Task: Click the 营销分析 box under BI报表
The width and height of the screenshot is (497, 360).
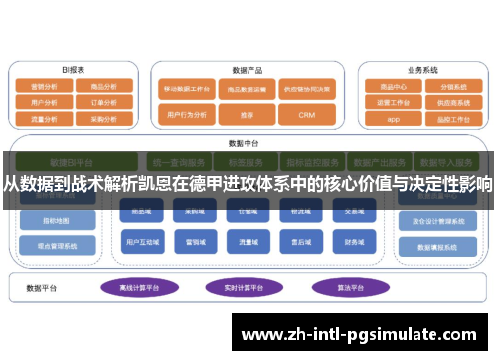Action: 44,87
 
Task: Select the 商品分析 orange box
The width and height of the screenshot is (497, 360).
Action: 103,87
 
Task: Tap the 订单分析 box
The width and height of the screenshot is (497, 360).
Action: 103,101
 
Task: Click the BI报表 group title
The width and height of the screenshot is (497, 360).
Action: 73,70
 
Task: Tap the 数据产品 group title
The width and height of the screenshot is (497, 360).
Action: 247,70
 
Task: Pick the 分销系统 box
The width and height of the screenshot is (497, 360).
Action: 452,87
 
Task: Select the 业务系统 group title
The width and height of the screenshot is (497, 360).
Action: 422,70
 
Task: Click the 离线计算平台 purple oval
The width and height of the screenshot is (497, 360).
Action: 139,288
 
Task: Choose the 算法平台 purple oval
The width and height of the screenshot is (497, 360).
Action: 340,288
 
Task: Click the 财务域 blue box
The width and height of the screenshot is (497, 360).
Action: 355,241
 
